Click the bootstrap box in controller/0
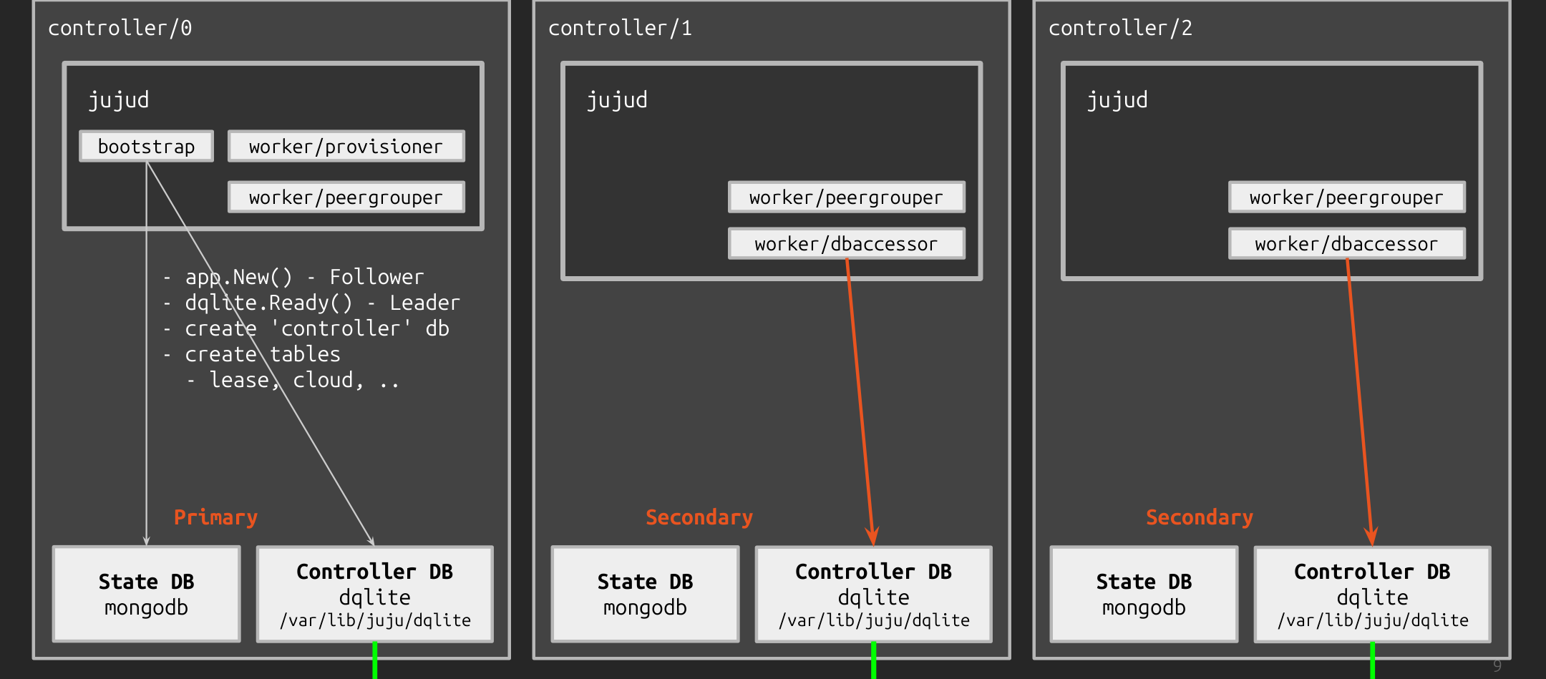point(146,147)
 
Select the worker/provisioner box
point(346,147)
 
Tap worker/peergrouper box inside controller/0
point(346,197)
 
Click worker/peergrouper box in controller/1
point(846,197)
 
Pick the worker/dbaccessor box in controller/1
point(846,244)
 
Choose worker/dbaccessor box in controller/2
point(1346,244)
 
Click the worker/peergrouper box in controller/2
point(1346,197)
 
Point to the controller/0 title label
point(120,29)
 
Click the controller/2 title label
point(1120,29)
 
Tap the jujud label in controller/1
point(617,100)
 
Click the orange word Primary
point(215,517)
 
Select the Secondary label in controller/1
point(699,517)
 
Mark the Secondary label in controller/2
point(1199,517)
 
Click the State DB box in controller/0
point(146,594)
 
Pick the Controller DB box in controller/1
point(873,595)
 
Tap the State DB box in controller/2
point(1144,594)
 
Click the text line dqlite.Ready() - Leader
point(322,303)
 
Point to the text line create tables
point(262,354)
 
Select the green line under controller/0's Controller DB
point(374,661)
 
